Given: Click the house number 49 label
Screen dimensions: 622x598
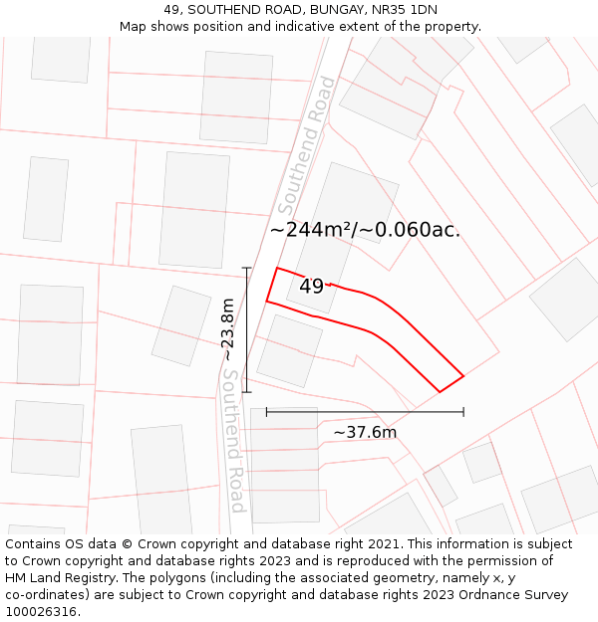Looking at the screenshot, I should point(311,287).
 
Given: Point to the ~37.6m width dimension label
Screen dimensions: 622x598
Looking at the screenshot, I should point(365,432).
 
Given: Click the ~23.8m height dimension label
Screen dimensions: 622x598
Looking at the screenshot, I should point(228,329).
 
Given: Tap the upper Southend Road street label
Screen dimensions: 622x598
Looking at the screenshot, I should point(305,146).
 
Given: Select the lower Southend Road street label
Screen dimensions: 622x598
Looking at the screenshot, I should point(232,441).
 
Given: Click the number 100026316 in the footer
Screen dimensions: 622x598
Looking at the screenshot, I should point(42,612).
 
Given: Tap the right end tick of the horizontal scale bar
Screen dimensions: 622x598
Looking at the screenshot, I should point(463,411).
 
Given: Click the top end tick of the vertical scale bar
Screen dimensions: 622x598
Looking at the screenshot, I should point(246,268).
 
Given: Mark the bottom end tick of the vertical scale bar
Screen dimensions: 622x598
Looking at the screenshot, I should point(246,392).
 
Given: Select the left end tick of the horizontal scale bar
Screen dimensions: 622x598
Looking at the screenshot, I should point(266,411).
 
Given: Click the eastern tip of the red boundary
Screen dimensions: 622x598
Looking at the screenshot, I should point(463,375).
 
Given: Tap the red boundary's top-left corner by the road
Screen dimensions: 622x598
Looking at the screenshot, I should point(276,268).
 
